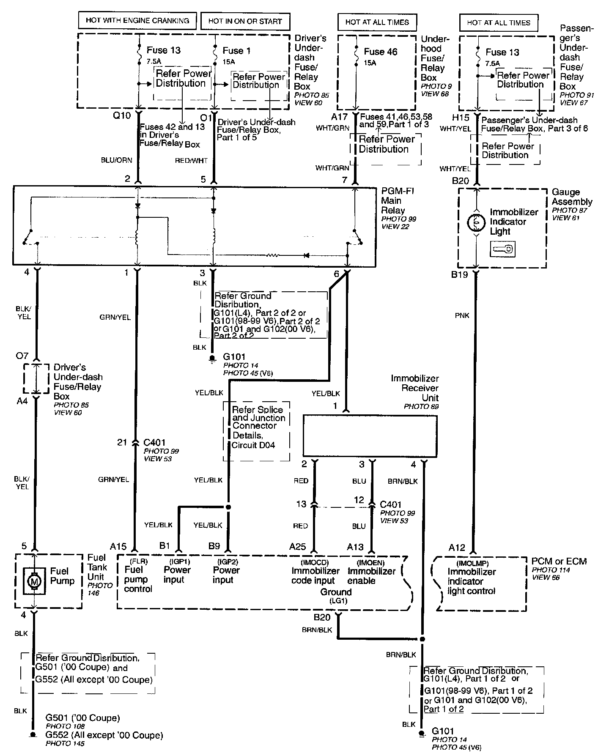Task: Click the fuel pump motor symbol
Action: coord(33,581)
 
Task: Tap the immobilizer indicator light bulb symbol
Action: coord(477,222)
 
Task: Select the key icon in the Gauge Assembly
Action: coord(502,249)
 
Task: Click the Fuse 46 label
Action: coord(381,52)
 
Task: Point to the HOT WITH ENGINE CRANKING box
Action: coord(137,20)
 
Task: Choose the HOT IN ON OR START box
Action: coord(245,21)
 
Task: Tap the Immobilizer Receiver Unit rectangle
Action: coord(370,436)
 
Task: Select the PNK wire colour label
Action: coord(462,315)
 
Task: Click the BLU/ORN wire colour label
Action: coord(116,160)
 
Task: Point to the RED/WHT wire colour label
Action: coord(192,161)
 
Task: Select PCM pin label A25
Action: coord(298,547)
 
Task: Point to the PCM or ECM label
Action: coord(559,562)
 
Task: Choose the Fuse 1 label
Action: coord(236,51)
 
